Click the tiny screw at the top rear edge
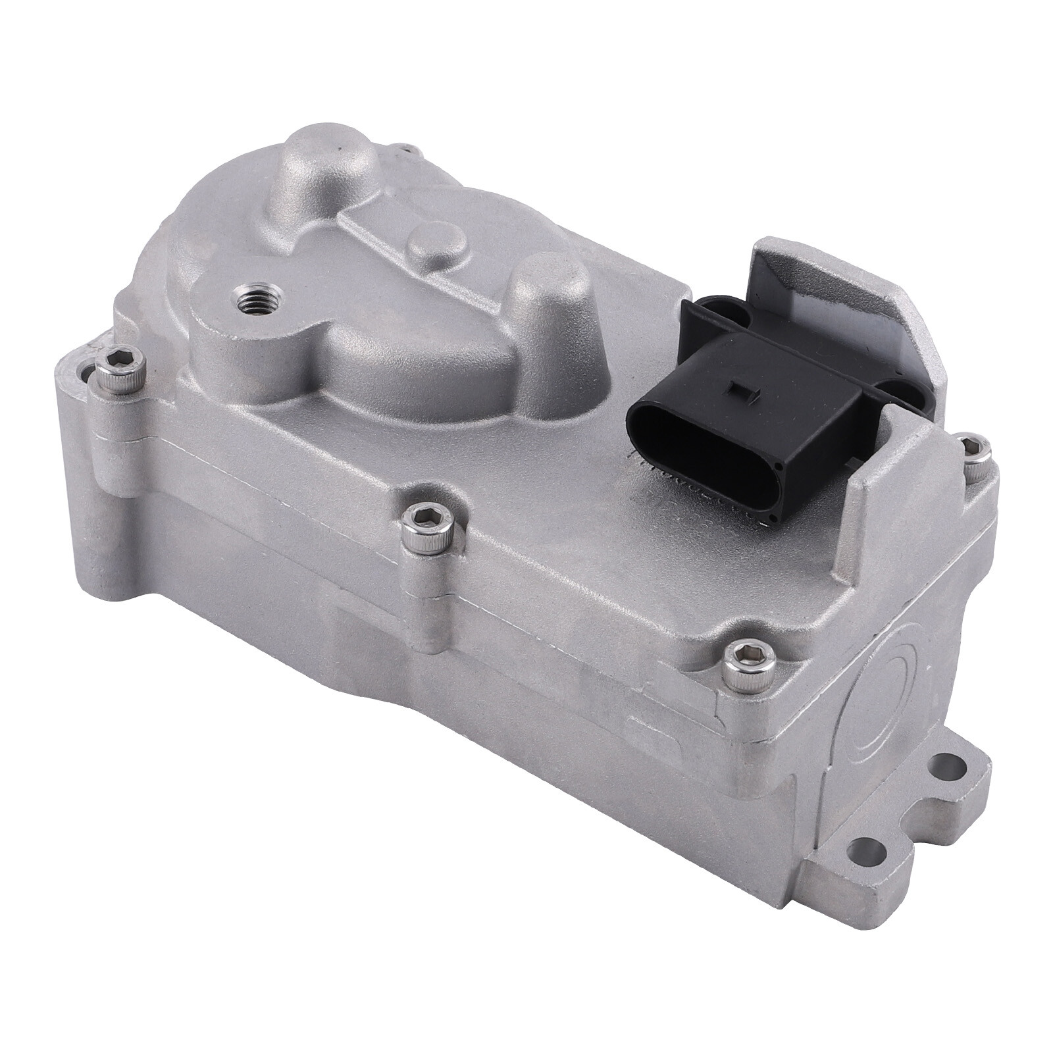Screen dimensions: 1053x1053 [x=402, y=151]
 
